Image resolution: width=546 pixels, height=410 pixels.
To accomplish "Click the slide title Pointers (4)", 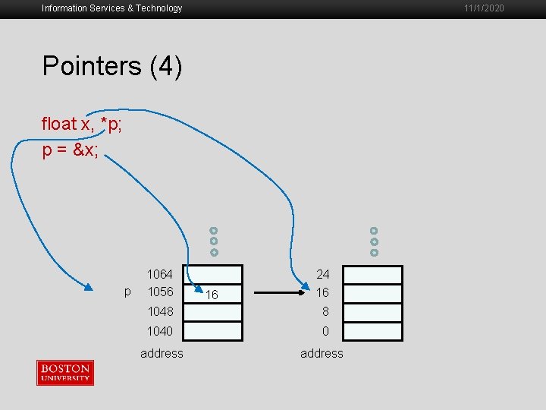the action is [x=112, y=67].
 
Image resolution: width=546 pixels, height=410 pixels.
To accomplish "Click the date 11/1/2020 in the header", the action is [x=483, y=8].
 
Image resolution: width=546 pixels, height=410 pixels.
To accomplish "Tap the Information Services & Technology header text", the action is [x=112, y=8].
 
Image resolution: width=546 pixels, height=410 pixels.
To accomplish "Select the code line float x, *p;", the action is [x=82, y=124].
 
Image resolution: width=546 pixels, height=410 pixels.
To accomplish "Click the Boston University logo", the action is [x=65, y=373].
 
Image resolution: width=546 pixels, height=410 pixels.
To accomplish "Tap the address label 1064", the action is [x=160, y=274].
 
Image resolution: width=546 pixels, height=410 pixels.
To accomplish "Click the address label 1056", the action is [x=160, y=292].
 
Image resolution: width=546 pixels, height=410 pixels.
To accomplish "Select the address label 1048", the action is [x=160, y=311].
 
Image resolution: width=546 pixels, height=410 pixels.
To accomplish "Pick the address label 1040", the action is [x=160, y=331].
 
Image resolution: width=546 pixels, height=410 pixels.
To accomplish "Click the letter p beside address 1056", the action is [x=127, y=292].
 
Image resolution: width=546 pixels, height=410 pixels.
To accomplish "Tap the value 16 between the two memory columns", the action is [x=212, y=294].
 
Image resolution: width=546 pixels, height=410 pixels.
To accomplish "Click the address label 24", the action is [x=323, y=274].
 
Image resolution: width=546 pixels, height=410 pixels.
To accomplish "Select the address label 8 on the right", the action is [x=325, y=311].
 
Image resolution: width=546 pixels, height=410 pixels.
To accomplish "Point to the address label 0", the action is [x=325, y=331].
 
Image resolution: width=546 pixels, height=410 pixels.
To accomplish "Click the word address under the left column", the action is [x=162, y=353].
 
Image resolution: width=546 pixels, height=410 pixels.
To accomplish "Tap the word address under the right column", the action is [x=322, y=353].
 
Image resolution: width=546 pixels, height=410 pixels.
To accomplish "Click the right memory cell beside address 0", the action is [x=373, y=331].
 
